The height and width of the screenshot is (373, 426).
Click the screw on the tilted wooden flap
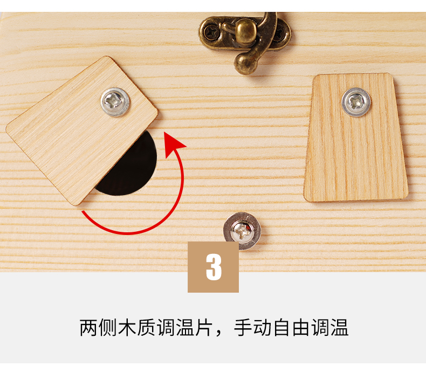pos(115,102)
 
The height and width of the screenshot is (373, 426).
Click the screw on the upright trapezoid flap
pos(356,102)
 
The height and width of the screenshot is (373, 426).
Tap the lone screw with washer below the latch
pos(242,231)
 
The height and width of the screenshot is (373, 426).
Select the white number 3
pos(214,267)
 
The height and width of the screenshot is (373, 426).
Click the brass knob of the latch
pos(245,30)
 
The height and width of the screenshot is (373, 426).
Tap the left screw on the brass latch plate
pos(211,32)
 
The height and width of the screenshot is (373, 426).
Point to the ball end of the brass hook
pos(244,64)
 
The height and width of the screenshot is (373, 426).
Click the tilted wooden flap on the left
pos(81,130)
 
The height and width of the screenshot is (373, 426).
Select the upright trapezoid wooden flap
pos(356,137)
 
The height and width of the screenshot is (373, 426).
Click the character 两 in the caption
pos(88,328)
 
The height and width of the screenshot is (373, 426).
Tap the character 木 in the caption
pos(127,328)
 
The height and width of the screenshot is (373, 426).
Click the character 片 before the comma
pos(204,328)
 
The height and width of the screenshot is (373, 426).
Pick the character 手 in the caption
pos(243,328)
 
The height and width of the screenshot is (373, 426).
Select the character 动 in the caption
pos(262,328)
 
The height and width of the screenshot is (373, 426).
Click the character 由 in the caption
pos(301,328)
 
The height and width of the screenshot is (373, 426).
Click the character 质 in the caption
pos(146,328)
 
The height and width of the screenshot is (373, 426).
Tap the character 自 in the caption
pos(281,328)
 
